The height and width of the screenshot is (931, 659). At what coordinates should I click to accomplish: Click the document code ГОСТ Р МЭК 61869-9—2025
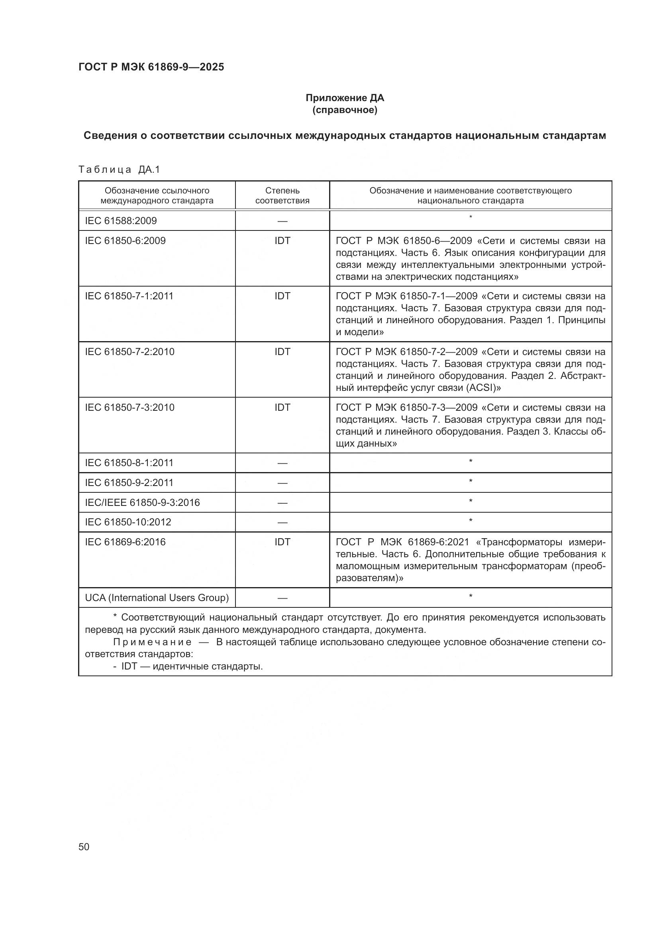tap(151, 67)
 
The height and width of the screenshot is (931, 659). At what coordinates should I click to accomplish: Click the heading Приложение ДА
tap(345, 98)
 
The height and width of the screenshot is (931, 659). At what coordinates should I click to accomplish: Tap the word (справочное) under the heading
tap(345, 110)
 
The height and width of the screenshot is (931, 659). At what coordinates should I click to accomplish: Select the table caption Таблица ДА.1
tap(119, 170)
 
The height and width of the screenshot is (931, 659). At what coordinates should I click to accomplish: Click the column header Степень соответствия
tap(282, 195)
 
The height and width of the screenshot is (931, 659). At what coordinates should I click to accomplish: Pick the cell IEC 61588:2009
tap(121, 221)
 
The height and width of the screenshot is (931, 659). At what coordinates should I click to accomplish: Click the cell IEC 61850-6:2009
tap(126, 241)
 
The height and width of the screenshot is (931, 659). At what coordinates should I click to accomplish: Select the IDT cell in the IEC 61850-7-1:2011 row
tap(282, 297)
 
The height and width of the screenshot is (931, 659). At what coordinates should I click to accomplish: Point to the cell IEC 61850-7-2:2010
tap(129, 351)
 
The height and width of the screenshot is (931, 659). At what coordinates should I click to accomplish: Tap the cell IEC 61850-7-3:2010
tap(129, 407)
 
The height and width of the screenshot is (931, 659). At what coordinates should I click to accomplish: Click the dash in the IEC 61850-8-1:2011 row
tap(282, 463)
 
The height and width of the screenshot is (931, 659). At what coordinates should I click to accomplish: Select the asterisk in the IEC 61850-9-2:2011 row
tap(470, 482)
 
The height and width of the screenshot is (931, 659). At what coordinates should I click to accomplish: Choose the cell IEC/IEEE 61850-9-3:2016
tap(142, 503)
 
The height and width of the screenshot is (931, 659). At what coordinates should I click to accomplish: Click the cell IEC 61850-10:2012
tap(128, 522)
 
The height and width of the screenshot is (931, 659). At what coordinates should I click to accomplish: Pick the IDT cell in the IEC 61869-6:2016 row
tap(282, 542)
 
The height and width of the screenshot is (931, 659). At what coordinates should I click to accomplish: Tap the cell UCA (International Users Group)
tap(157, 598)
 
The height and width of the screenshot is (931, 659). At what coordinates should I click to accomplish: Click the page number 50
tap(84, 847)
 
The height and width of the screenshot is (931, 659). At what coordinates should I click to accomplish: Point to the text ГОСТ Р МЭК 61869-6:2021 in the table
tap(402, 542)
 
